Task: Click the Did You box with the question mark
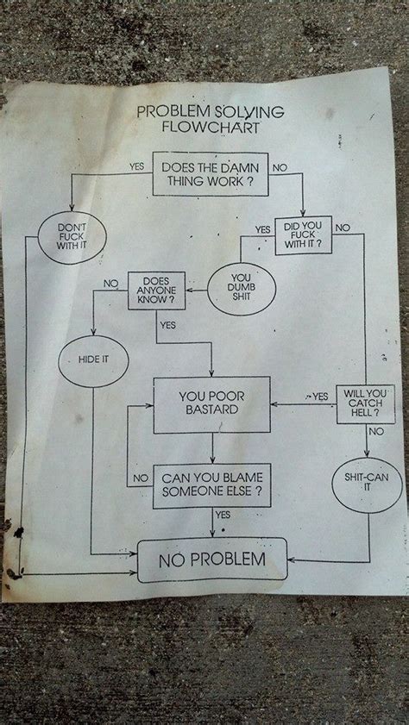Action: [x=302, y=235]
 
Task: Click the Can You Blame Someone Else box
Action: [x=211, y=485]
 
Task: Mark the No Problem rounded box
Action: [x=211, y=559]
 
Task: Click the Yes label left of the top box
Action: [x=135, y=166]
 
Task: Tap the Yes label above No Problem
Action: [x=223, y=514]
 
